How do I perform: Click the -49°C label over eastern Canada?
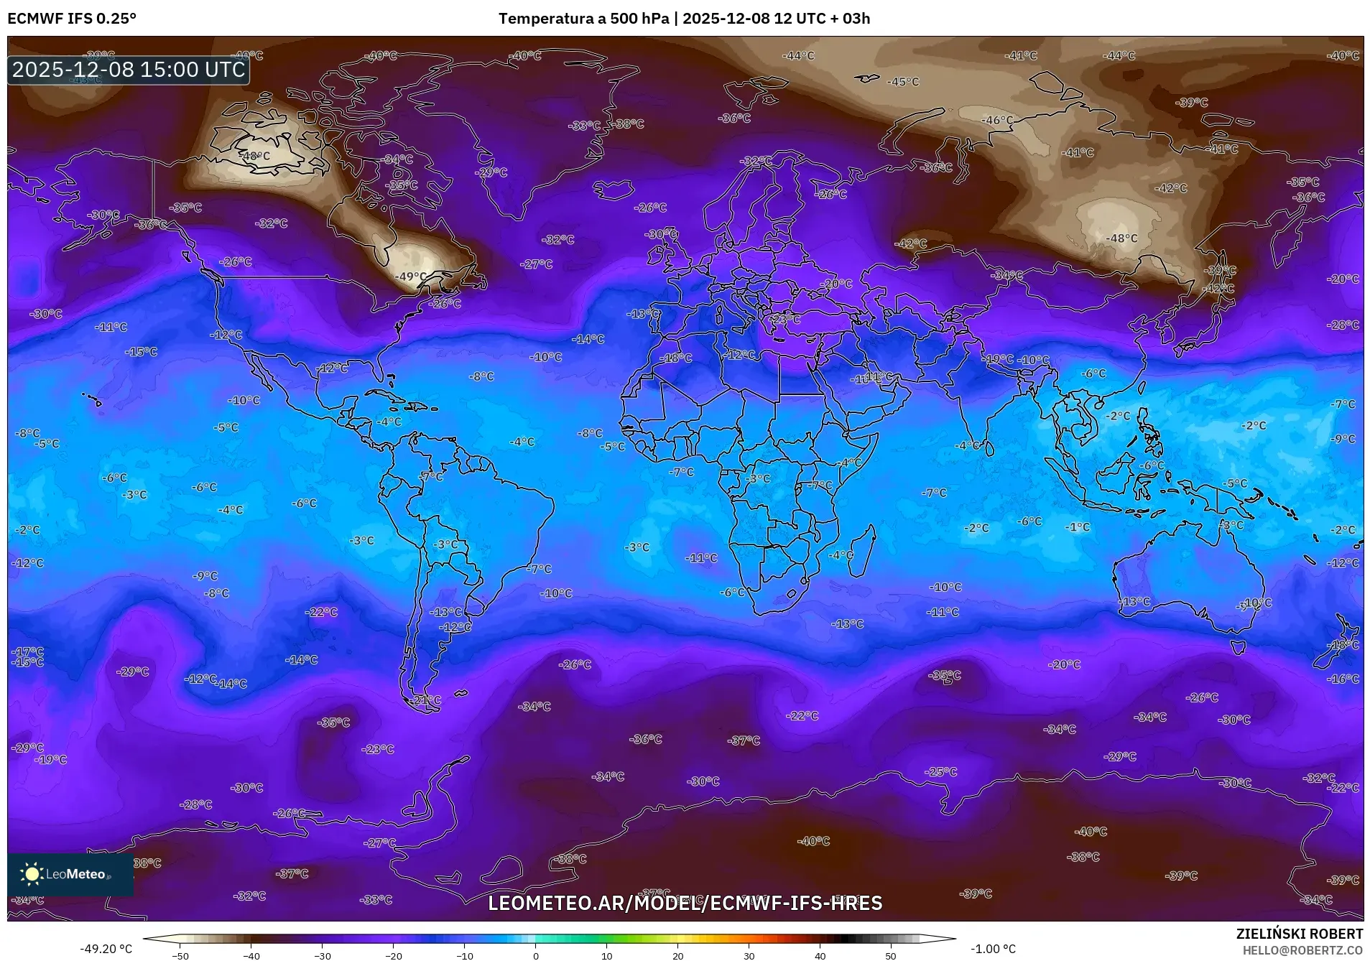[411, 277]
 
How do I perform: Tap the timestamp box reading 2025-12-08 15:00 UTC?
[129, 70]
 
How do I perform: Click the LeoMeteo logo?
[70, 874]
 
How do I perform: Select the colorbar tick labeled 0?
[535, 955]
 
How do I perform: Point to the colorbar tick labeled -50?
[181, 955]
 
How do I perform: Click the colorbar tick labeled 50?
[890, 955]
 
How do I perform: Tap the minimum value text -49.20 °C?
[106, 949]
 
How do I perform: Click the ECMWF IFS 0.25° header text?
[72, 19]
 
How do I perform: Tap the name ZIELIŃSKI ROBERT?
[1299, 934]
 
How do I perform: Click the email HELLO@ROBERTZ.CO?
[1302, 950]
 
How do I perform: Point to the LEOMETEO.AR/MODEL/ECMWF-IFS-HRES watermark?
[685, 903]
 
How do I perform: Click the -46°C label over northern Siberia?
[998, 121]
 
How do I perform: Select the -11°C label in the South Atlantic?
[701, 558]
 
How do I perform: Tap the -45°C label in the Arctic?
[903, 82]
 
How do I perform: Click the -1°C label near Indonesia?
[1078, 527]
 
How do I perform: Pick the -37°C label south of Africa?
[744, 741]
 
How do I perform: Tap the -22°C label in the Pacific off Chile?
[321, 613]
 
